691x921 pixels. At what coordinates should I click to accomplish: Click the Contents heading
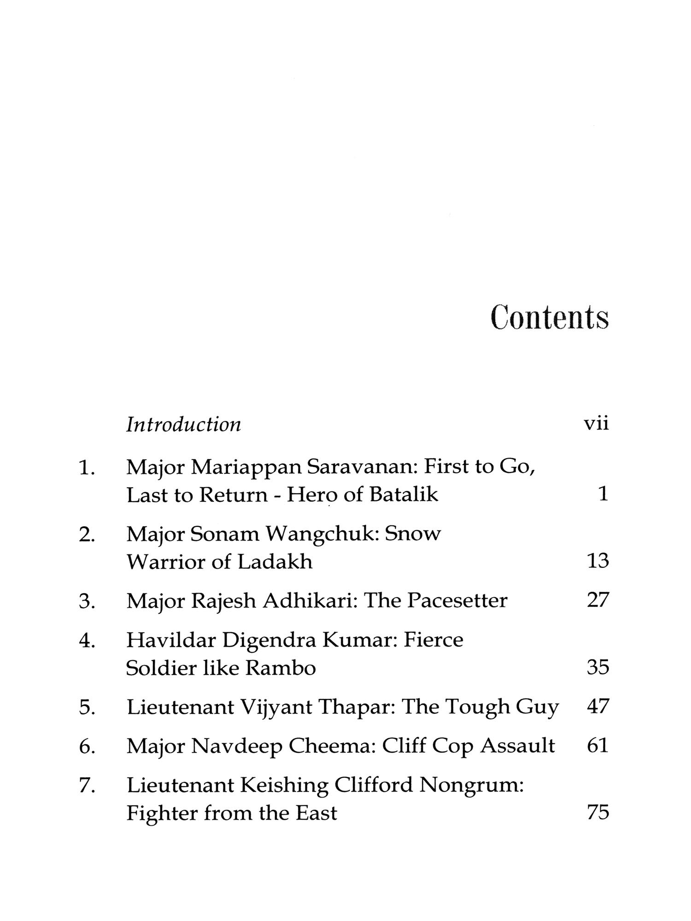tap(550, 317)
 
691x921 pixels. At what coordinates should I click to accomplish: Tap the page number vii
tap(596, 423)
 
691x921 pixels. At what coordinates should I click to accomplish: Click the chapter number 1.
tap(87, 468)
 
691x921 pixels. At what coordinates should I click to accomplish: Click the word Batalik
tap(404, 495)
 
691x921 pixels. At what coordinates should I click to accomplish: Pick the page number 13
tap(598, 561)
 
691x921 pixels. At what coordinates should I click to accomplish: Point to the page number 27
tap(598, 600)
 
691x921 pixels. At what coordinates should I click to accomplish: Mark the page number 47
tap(598, 706)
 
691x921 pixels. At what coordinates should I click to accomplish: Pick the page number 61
tap(598, 746)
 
